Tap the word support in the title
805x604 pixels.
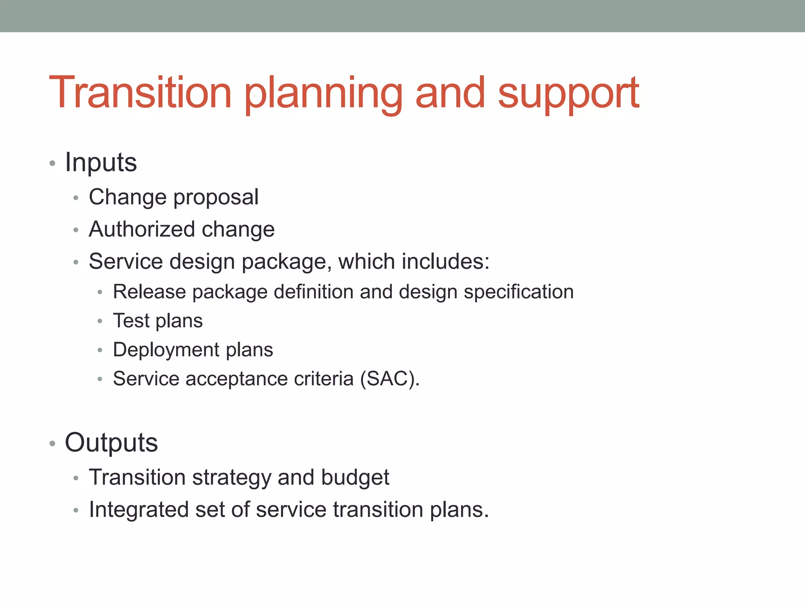point(568,94)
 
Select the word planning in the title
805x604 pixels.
point(323,94)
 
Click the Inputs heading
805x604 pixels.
point(101,162)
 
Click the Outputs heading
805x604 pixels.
point(111,442)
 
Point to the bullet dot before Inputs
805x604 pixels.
point(52,163)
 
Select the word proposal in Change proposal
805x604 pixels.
point(216,197)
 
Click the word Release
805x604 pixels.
point(149,292)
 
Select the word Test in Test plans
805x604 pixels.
point(131,320)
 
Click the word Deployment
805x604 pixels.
point(166,350)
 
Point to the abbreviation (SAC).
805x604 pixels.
point(390,379)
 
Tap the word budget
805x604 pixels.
point(355,477)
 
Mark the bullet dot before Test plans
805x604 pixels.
point(100,321)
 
